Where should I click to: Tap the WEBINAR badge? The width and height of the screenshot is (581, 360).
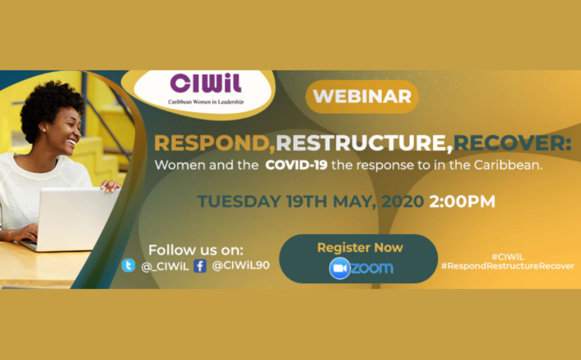[362, 97]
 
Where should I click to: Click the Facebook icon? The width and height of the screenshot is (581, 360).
[200, 265]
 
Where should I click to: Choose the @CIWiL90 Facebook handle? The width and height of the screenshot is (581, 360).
[238, 265]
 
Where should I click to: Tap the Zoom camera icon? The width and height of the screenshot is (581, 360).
[340, 268]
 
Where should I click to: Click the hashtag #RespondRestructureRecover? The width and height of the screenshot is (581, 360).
[520, 266]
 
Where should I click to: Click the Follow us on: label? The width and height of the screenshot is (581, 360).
[196, 249]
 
